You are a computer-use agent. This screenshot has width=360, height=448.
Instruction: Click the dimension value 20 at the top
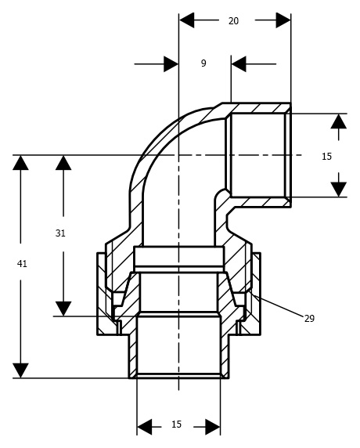click(x=233, y=21)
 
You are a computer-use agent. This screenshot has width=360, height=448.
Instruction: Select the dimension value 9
click(x=203, y=63)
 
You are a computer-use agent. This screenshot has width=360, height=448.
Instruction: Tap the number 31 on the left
click(x=60, y=233)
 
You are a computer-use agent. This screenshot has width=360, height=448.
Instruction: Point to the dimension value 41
click(x=22, y=263)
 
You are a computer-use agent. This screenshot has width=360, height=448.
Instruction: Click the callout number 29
click(x=309, y=318)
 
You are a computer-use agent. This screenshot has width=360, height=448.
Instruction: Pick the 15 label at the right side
click(x=326, y=157)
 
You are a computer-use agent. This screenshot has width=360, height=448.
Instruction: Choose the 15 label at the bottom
click(x=176, y=425)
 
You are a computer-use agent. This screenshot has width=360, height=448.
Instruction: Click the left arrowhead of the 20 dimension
click(x=187, y=20)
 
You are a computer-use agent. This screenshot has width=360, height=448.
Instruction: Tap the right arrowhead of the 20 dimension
click(x=283, y=20)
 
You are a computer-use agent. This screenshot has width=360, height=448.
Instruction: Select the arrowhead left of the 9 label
click(x=171, y=64)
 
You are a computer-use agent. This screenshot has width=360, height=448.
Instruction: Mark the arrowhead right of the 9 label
click(x=239, y=64)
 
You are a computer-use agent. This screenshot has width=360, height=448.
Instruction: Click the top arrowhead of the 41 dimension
click(x=20, y=163)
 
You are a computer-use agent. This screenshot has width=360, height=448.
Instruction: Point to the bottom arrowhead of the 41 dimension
click(x=20, y=370)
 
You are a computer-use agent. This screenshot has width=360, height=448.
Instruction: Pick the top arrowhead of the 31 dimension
click(x=63, y=163)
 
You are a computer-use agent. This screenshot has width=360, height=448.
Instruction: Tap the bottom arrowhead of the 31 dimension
click(x=63, y=309)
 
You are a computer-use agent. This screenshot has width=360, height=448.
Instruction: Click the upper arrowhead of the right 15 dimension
click(x=339, y=121)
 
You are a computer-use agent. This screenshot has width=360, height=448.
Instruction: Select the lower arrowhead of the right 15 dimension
click(x=339, y=190)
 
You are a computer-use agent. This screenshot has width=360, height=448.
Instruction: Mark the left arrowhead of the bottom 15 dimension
click(x=145, y=427)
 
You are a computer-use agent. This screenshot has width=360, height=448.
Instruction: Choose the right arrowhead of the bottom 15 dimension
click(x=213, y=427)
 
